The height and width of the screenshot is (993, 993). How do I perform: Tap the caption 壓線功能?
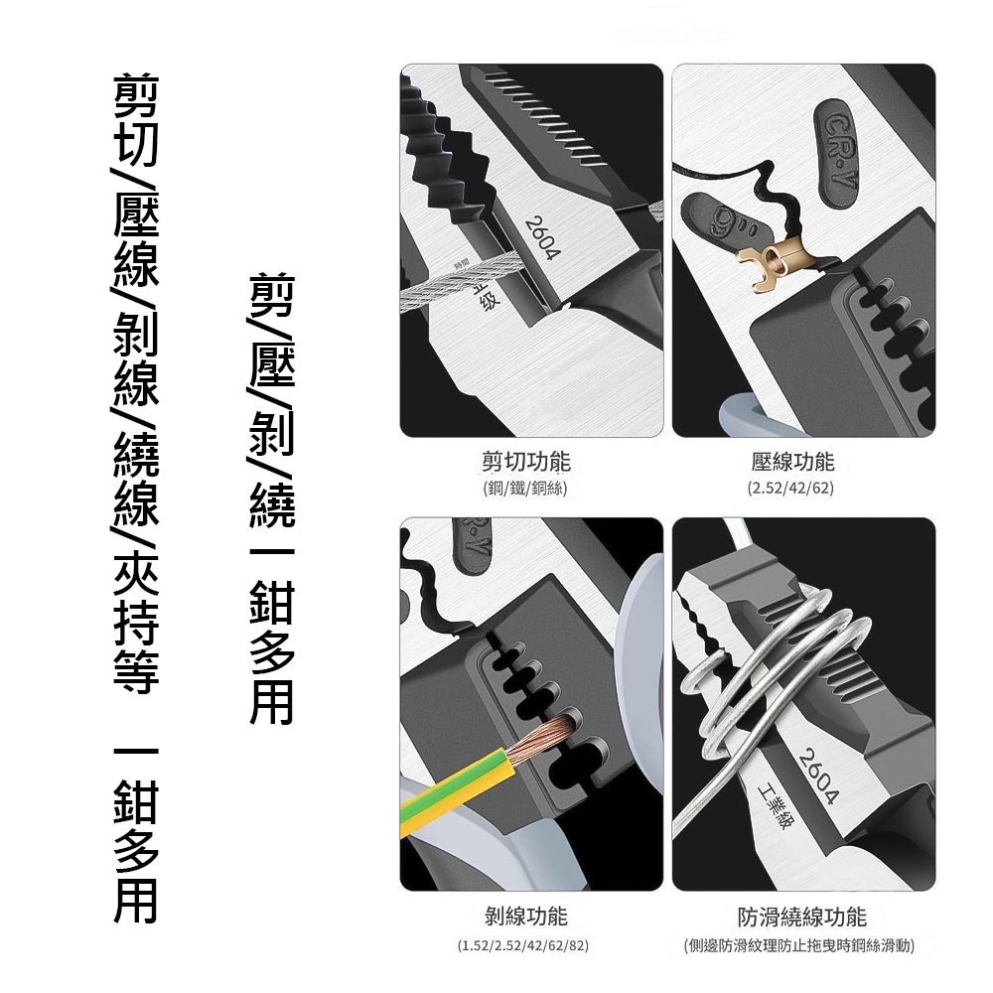coord(793,462)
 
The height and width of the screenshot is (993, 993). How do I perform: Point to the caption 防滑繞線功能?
coord(801,916)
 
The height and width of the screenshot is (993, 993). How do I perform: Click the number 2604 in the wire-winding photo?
coord(820,774)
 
